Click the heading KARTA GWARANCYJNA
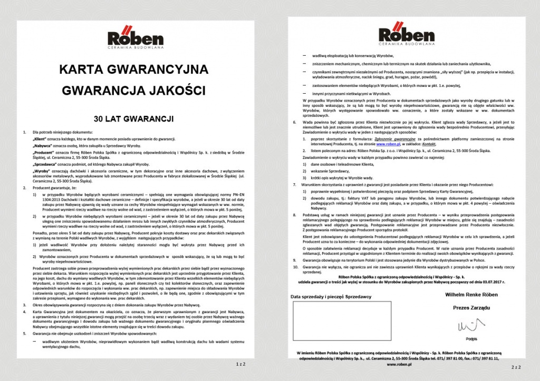click(x=133, y=69)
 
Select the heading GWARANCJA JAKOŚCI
click(x=133, y=90)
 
